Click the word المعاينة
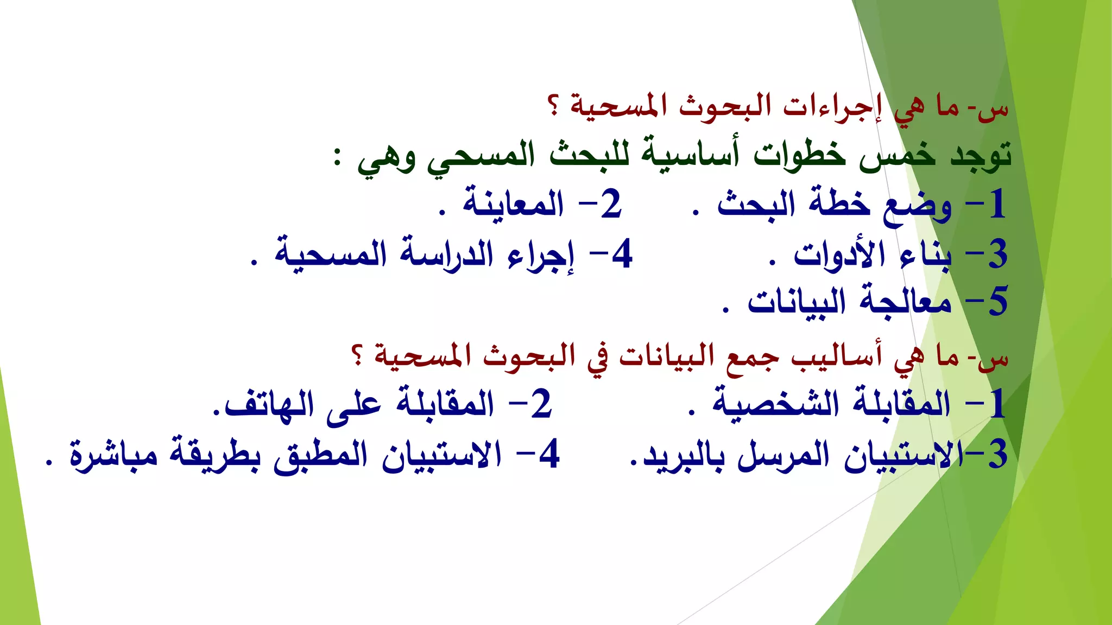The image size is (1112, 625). [513, 205]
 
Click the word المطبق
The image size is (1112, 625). [320, 455]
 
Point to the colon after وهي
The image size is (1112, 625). [338, 158]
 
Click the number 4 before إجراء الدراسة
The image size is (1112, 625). [621, 254]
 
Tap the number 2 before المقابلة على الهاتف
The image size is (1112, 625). [541, 405]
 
